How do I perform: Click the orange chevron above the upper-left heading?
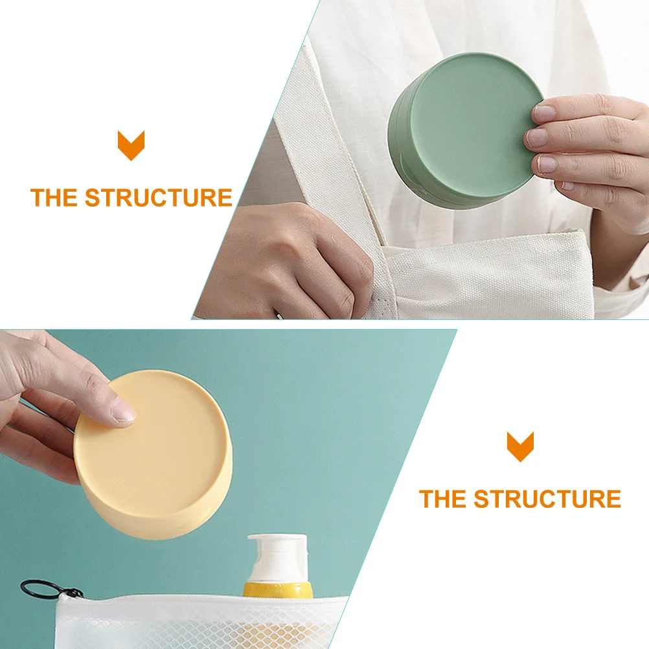(x=131, y=145)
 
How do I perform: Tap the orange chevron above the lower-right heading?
(x=520, y=446)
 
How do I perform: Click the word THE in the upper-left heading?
(x=54, y=198)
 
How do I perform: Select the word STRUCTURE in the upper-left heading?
(x=158, y=198)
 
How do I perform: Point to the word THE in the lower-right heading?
(x=442, y=499)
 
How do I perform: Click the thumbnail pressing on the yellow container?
(x=122, y=409)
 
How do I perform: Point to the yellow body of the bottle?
(x=277, y=590)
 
